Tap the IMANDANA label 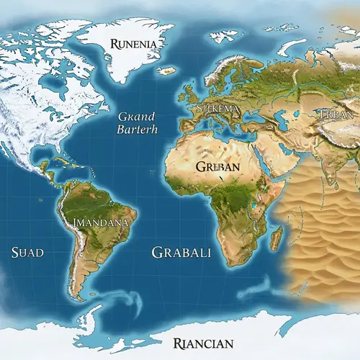coord(101,222)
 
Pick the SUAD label coord(28,252)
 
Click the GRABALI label coord(181,253)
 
